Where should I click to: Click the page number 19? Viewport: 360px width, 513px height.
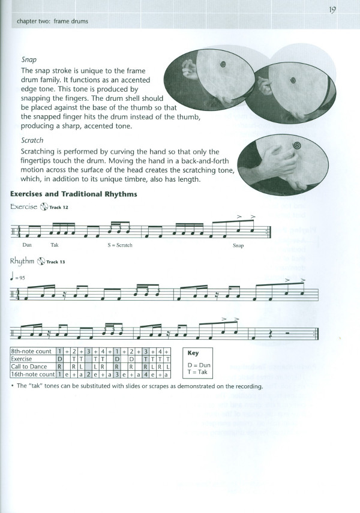(x=332, y=10)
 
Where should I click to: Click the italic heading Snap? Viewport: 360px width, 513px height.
(x=28, y=60)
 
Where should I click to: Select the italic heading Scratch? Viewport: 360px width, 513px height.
(x=32, y=140)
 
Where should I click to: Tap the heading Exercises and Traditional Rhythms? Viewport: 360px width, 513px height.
(x=74, y=194)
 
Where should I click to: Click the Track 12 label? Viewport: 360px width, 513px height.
(x=62, y=208)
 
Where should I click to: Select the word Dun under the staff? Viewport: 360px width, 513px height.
(x=27, y=245)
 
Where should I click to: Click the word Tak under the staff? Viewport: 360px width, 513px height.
(x=55, y=245)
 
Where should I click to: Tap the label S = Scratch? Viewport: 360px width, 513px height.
(x=120, y=245)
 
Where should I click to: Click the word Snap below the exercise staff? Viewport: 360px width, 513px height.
(x=238, y=245)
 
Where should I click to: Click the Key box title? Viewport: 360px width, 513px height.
(x=193, y=353)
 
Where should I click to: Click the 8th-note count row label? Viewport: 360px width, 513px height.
(x=32, y=350)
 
